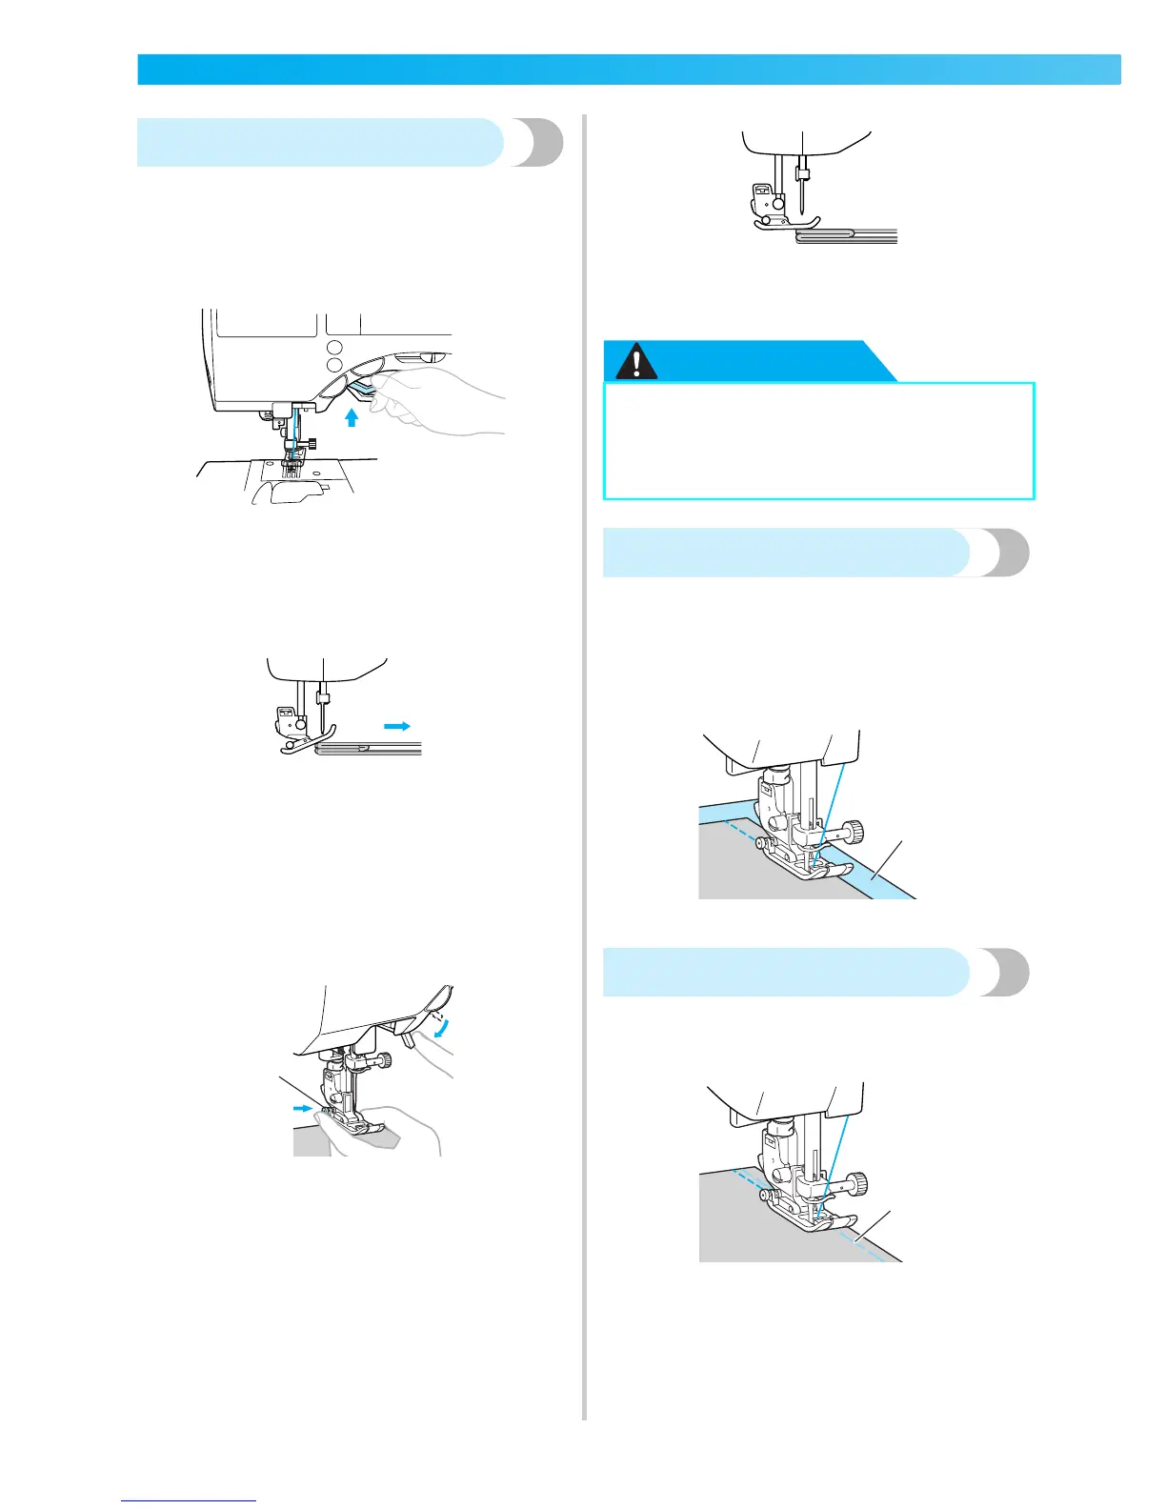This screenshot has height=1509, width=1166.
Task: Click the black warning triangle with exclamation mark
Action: (x=636, y=361)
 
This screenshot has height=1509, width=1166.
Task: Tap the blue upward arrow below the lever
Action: (x=352, y=417)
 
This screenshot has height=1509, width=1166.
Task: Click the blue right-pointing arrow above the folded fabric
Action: (x=397, y=726)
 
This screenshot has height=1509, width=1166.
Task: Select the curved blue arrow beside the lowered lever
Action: (x=439, y=1026)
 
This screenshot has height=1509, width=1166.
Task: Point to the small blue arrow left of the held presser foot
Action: (x=302, y=1108)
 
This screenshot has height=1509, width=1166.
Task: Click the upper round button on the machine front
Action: (x=335, y=346)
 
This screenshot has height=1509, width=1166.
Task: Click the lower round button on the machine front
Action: (x=335, y=366)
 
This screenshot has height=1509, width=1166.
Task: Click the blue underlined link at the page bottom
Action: (x=190, y=1500)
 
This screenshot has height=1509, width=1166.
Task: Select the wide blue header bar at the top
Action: (x=629, y=70)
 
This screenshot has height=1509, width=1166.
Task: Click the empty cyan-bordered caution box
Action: (x=819, y=441)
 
